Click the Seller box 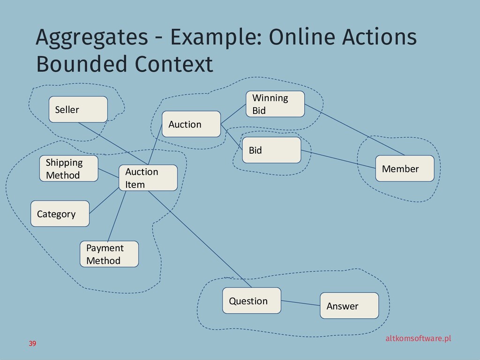click(78, 109)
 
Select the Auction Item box click(148, 178)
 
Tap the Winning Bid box click(275, 104)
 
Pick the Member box click(405, 169)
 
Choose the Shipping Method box click(69, 169)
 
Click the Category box click(60, 214)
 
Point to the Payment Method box click(109, 254)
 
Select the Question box click(252, 300)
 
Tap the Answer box click(349, 306)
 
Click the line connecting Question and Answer click(300, 303)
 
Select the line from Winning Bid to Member click(354, 129)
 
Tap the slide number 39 click(32, 344)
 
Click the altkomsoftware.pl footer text click(418, 338)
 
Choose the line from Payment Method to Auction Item click(117, 216)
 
